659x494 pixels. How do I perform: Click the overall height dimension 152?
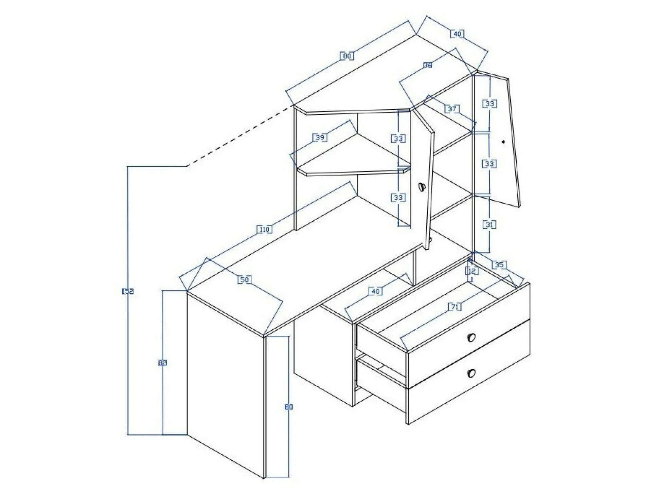pos(128,291)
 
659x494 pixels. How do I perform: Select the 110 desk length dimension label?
pos(264,230)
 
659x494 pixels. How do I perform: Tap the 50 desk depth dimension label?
pos(244,280)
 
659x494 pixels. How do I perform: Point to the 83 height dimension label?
pos(163,363)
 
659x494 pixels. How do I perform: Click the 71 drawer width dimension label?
pos(455,307)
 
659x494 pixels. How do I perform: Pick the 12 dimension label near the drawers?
pos(472,271)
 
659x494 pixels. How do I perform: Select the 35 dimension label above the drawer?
pos(499,265)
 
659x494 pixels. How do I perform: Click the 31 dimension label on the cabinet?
pos(489,224)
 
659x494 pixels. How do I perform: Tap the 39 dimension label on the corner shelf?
pos(320,138)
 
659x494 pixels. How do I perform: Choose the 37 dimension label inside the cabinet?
pos(452,109)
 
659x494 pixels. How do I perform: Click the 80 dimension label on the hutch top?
pos(347,56)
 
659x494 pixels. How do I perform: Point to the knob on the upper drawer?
pos(471,337)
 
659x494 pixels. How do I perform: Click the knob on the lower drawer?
pos(471,373)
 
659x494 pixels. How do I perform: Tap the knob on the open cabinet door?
pos(422,186)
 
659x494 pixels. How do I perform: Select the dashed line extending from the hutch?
pos(239,136)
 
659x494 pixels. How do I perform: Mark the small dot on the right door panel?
pos(503,142)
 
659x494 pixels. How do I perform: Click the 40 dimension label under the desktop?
pos(375,291)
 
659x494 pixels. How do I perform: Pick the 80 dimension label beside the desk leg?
pos(288,406)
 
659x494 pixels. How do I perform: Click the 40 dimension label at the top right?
pos(457,34)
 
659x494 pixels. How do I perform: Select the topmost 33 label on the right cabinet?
pos(489,104)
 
